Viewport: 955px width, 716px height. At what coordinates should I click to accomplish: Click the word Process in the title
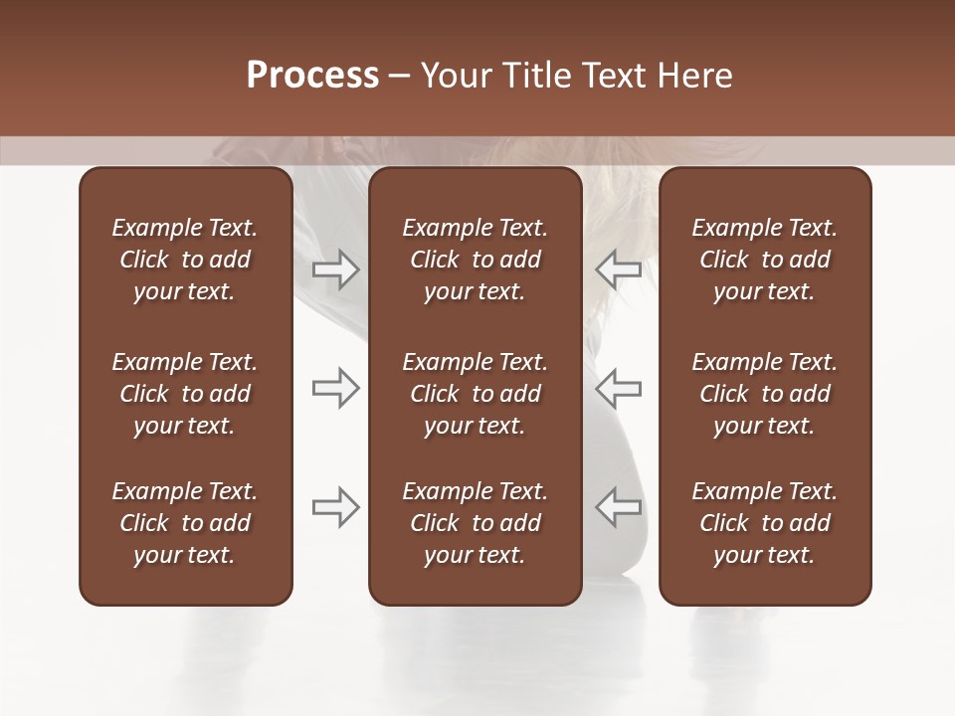(312, 76)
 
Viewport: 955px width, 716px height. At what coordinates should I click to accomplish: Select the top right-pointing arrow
(335, 269)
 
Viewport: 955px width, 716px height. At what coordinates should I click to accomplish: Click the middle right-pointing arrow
(335, 388)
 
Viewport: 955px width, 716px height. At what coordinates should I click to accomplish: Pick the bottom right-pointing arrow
(335, 507)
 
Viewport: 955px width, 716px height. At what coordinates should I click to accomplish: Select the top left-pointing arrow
(618, 269)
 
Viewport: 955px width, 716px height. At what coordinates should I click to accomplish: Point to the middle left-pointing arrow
(618, 388)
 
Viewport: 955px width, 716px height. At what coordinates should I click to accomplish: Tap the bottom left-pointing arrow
(618, 507)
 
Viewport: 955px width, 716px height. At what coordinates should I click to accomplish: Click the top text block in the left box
(185, 260)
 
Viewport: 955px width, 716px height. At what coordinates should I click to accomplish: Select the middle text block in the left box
(185, 394)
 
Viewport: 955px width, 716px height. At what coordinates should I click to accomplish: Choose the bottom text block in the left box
(185, 523)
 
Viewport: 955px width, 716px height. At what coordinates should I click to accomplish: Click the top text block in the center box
(475, 260)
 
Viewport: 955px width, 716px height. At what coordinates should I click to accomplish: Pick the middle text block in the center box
(475, 394)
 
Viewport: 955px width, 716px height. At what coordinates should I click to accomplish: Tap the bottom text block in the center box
(475, 523)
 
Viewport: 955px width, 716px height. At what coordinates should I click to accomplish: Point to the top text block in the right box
(764, 260)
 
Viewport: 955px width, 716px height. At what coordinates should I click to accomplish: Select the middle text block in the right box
(764, 394)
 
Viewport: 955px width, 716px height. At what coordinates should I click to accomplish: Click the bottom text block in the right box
(764, 523)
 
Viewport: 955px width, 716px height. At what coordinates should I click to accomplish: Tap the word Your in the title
(454, 76)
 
